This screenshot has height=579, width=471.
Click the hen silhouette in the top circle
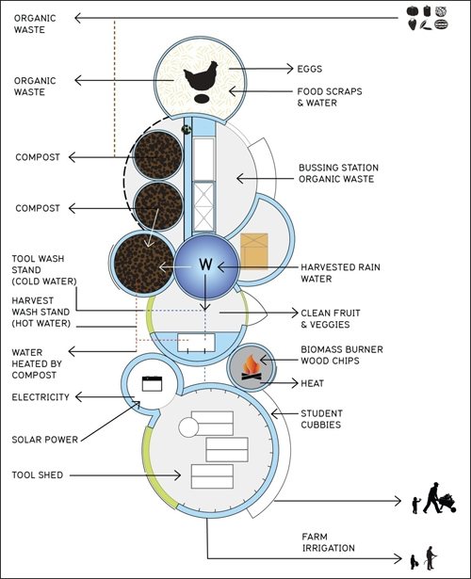(x=201, y=76)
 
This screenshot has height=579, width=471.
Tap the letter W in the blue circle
(x=205, y=265)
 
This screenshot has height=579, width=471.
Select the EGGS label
(x=310, y=69)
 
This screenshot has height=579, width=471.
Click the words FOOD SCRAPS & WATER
(x=330, y=97)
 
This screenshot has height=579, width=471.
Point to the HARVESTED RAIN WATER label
(x=340, y=273)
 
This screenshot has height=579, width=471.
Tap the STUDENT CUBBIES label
(x=321, y=419)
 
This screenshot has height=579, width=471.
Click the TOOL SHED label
(x=38, y=474)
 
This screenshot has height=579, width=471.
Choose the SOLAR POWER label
(x=44, y=440)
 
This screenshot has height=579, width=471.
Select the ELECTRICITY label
(x=41, y=397)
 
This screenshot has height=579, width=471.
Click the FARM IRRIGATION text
(x=328, y=542)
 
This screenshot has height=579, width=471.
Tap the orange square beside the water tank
(x=254, y=251)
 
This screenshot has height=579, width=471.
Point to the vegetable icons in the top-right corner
(x=428, y=18)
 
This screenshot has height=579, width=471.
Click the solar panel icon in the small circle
(x=153, y=384)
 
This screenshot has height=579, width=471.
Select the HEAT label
(x=312, y=383)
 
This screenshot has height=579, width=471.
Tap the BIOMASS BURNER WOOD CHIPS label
(x=342, y=355)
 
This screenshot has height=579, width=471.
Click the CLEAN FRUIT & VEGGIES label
(x=331, y=318)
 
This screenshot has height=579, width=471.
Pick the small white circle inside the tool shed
(x=188, y=427)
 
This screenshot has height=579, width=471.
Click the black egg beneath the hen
(x=202, y=99)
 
